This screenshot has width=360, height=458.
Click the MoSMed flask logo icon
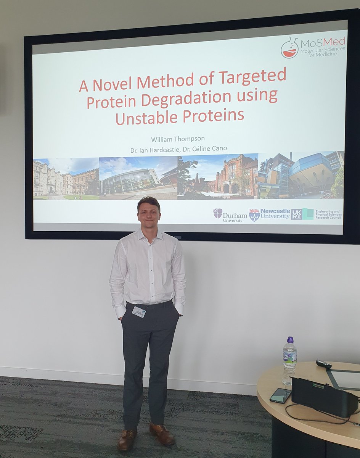(290, 48)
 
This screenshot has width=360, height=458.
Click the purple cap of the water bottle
(290, 339)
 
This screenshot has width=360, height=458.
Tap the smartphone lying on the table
(280, 396)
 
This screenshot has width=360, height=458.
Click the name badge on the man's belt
(138, 311)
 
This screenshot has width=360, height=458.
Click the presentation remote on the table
(323, 364)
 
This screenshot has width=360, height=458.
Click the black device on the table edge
(324, 397)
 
